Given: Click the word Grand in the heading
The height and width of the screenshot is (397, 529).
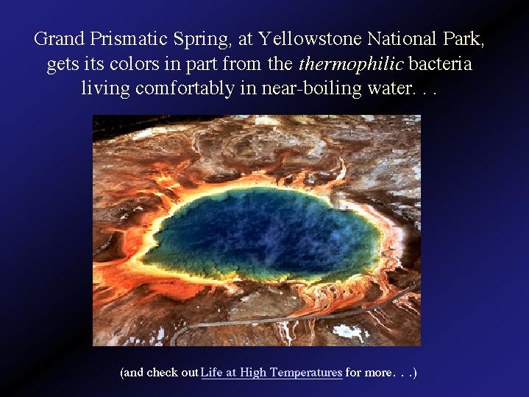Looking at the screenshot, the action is (x=59, y=38).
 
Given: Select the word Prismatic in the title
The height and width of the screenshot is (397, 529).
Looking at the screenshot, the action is (x=129, y=40).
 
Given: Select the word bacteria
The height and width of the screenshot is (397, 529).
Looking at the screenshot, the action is (x=440, y=63).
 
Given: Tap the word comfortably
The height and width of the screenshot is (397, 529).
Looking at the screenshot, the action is (x=185, y=89).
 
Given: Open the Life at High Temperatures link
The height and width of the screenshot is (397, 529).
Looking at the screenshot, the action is (x=271, y=373).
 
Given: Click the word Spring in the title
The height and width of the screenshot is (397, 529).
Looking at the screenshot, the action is (x=201, y=40).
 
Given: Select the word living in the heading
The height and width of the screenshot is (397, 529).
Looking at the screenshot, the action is (x=105, y=89).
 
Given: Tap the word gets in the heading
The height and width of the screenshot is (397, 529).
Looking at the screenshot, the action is (x=63, y=66).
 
